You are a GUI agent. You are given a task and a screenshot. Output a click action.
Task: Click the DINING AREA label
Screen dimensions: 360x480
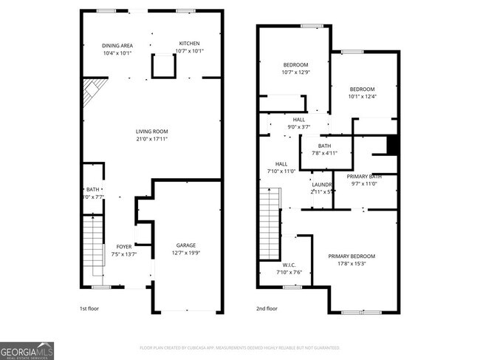click(x=117, y=46)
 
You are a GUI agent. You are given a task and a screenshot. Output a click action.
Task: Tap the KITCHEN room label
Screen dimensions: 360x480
click(x=190, y=44)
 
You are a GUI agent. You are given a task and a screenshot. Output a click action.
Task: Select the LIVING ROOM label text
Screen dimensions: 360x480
click(x=151, y=132)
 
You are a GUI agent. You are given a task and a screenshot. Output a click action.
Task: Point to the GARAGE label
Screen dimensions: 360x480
click(x=185, y=245)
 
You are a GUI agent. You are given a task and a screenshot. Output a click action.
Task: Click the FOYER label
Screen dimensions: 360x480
click(x=123, y=247)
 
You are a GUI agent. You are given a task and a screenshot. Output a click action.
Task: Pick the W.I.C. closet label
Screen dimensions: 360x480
click(x=289, y=265)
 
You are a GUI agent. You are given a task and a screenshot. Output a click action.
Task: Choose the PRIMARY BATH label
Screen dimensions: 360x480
click(x=364, y=176)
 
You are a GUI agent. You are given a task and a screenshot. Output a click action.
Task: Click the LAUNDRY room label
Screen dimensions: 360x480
click(x=323, y=184)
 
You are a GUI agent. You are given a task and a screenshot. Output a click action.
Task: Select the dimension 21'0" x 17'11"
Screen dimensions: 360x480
click(x=151, y=139)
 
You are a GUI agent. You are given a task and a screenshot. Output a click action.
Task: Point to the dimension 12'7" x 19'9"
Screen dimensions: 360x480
click(x=185, y=253)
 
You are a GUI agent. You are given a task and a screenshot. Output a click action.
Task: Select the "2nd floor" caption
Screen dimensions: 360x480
click(x=267, y=309)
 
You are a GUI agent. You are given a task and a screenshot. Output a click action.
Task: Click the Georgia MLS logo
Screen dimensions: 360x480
click(x=27, y=350)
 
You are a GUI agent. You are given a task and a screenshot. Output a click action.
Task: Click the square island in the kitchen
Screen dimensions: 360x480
click(x=164, y=67)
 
